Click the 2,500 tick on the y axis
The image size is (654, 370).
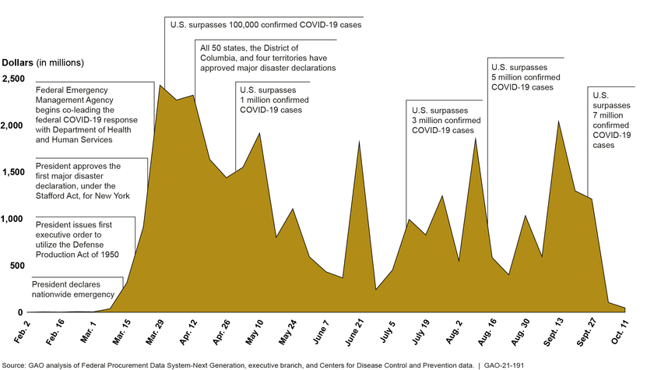[12, 79]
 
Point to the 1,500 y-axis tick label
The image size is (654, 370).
[12, 172]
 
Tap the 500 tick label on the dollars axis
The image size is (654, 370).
[16, 266]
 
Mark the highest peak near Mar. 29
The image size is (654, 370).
[160, 85]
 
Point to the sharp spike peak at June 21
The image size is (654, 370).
[358, 141]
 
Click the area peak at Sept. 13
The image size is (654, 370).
[557, 121]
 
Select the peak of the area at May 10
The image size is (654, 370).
[258, 133]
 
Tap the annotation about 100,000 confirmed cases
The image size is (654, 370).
[265, 25]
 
